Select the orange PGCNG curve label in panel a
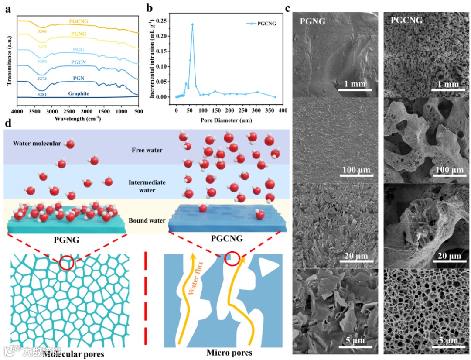tap(80, 21)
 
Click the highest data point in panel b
tap(192, 24)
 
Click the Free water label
tap(147, 150)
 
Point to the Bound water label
tap(147, 220)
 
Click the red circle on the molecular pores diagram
tap(67, 263)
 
